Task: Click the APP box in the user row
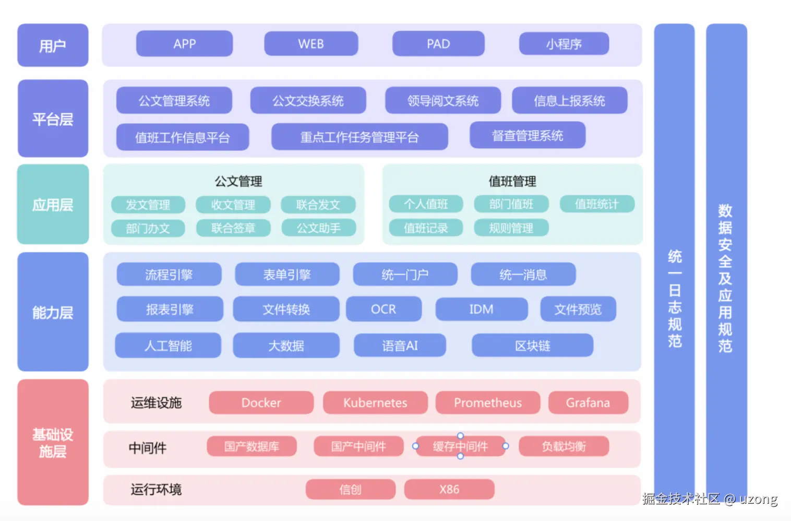click(x=184, y=44)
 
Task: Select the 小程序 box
click(x=564, y=44)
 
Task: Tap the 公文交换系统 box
click(x=308, y=101)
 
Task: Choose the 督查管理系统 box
click(x=528, y=136)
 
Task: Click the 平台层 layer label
click(x=53, y=119)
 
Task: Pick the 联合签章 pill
click(x=233, y=228)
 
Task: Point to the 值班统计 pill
click(x=597, y=204)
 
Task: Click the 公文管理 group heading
click(x=238, y=181)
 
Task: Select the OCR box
click(x=383, y=309)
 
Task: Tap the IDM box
click(x=481, y=309)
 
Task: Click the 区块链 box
click(x=532, y=346)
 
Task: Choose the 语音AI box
click(x=400, y=346)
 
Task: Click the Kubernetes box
click(x=375, y=402)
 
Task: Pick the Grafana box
click(x=588, y=402)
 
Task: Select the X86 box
click(x=449, y=489)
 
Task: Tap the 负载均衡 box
click(x=564, y=446)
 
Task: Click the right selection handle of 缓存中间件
click(x=506, y=446)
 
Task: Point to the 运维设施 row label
click(x=156, y=402)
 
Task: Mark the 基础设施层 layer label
click(x=53, y=442)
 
